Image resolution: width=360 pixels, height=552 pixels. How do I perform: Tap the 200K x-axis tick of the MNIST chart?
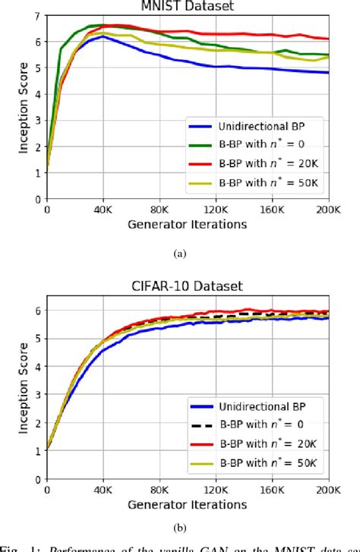tap(328, 210)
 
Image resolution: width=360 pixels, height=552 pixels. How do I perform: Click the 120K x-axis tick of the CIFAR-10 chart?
tap(216, 490)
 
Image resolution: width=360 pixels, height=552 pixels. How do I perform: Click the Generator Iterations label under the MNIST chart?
tap(188, 224)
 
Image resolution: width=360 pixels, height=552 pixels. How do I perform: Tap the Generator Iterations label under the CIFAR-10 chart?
tap(188, 504)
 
